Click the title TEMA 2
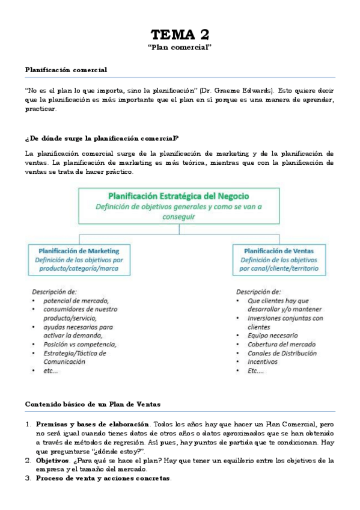click(180, 34)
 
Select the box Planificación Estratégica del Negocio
click(178, 206)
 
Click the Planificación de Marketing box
click(79, 259)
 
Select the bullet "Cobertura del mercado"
click(282, 344)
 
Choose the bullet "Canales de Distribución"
click(282, 353)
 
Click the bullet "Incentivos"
click(263, 362)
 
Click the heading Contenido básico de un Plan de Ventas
click(93, 403)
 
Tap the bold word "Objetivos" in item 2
click(52, 460)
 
